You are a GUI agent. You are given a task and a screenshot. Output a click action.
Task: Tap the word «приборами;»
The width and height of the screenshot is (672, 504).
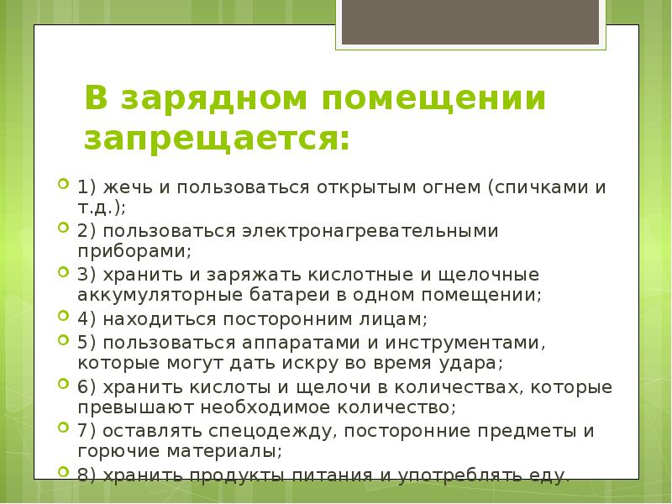[x=135, y=250]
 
